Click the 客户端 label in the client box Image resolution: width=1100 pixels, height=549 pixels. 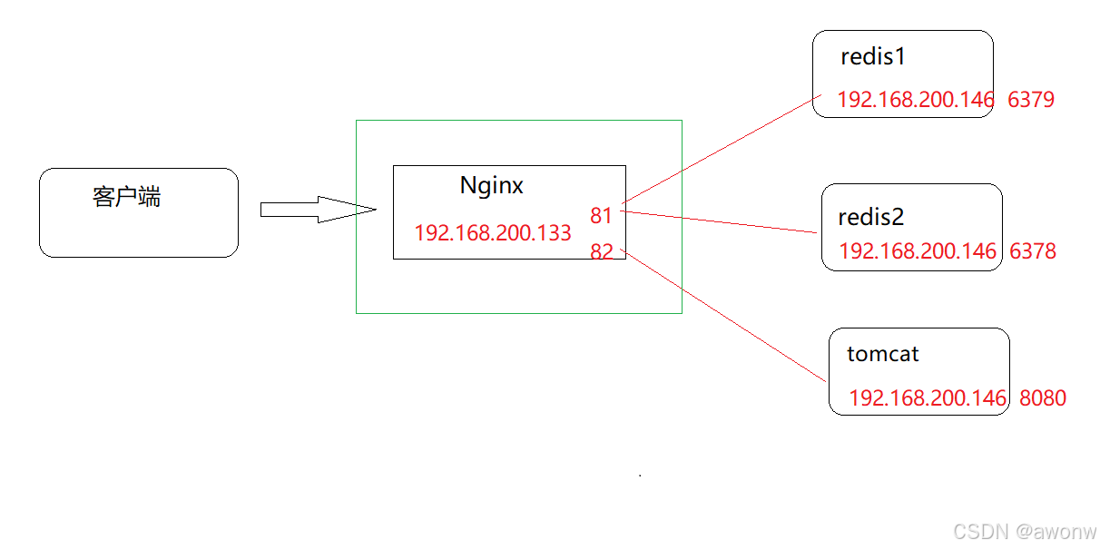pos(126,197)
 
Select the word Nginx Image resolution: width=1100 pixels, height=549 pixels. pos(491,186)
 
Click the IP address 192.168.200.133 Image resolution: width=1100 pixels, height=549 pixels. pos(493,233)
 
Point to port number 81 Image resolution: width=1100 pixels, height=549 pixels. pos(601,216)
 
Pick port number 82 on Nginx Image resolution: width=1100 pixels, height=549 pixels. pos(601,252)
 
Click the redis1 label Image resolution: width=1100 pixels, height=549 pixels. pos(873,57)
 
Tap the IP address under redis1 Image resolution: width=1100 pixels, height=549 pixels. pos(915,100)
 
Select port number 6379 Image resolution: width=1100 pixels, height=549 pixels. pos(1031,100)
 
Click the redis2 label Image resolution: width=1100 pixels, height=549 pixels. pos(871,218)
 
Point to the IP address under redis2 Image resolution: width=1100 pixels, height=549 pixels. pos(917,251)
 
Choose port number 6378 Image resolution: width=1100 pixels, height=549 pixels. pos(1033,251)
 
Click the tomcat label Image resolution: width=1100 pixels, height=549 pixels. pos(882,354)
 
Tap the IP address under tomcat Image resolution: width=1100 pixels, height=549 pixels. pos(927,398)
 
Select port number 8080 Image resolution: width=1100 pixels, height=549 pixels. pos(1043,398)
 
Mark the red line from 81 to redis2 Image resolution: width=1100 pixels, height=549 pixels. pos(722,222)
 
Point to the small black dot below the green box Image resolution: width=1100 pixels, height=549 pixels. pos(640,475)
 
